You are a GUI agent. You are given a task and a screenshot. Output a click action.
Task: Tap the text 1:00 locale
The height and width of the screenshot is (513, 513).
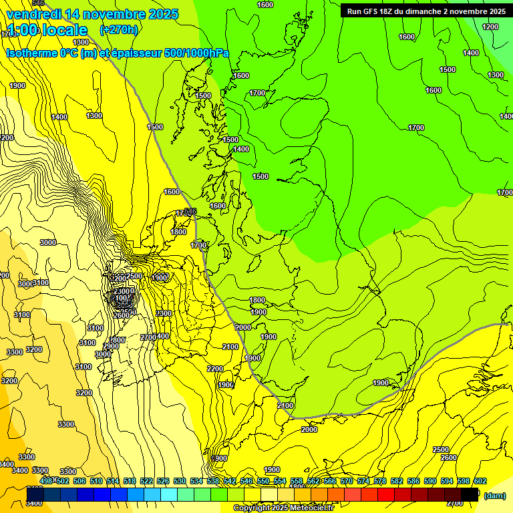coord(47,30)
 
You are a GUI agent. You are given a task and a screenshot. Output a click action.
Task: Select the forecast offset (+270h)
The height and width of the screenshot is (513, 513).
coord(118,30)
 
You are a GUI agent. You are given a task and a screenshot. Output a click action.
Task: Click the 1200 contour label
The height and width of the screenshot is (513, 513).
coord(490,27)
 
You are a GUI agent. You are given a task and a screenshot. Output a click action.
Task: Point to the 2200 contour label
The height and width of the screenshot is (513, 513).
coord(215,369)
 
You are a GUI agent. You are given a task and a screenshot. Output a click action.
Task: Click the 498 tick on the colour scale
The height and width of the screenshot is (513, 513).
coord(46,481)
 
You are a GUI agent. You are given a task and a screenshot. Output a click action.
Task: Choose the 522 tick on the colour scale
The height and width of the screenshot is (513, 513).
coord(146,481)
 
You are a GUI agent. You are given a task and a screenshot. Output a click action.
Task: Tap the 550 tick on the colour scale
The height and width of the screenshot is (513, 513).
coord(263,481)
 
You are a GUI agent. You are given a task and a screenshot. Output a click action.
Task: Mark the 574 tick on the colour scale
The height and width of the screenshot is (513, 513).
coord(363,481)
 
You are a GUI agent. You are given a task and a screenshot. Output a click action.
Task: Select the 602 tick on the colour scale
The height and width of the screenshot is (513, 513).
coord(480,481)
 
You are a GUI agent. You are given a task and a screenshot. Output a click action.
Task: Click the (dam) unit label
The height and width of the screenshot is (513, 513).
coord(495,495)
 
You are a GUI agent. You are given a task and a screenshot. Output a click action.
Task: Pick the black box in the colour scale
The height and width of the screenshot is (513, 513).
coord(470,494)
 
